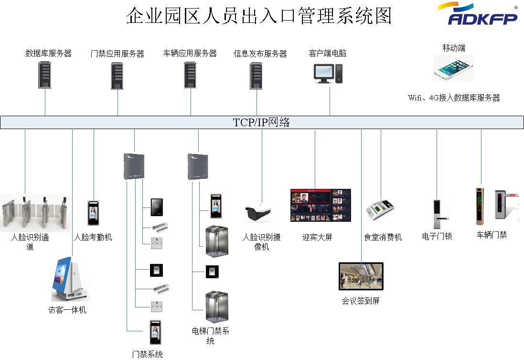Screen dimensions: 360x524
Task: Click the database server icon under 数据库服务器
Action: pyautogui.click(x=45, y=76)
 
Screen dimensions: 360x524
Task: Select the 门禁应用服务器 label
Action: pyautogui.click(x=118, y=54)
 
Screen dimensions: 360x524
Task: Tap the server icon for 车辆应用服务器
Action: pyautogui.click(x=191, y=75)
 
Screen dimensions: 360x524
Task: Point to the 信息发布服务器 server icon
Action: pyautogui.click(x=257, y=76)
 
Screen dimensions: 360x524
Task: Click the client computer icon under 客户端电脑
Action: pyautogui.click(x=328, y=73)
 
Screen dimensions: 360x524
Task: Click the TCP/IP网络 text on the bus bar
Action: pyautogui.click(x=261, y=122)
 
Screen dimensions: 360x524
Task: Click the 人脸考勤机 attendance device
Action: pyautogui.click(x=93, y=213)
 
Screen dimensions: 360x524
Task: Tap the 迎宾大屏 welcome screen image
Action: pyautogui.click(x=321, y=205)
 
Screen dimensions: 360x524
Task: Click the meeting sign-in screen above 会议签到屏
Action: pyautogui.click(x=361, y=276)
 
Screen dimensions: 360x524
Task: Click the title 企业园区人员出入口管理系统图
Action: pyautogui.click(x=258, y=16)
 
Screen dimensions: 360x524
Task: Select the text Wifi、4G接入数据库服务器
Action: pyautogui.click(x=453, y=98)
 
